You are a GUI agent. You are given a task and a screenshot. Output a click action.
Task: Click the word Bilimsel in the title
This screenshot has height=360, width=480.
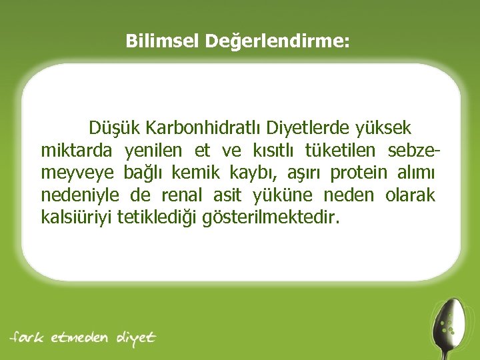[162, 42]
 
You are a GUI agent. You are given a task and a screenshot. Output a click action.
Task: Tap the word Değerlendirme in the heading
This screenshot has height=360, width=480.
[276, 43]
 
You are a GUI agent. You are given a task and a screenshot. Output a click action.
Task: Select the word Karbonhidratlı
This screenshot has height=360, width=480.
[205, 127]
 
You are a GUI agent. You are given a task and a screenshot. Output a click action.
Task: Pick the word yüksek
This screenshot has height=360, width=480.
[384, 127]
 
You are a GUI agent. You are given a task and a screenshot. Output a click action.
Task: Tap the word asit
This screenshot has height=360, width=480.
[229, 195]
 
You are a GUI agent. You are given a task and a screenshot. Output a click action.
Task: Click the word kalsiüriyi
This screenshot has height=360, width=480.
[76, 217]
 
